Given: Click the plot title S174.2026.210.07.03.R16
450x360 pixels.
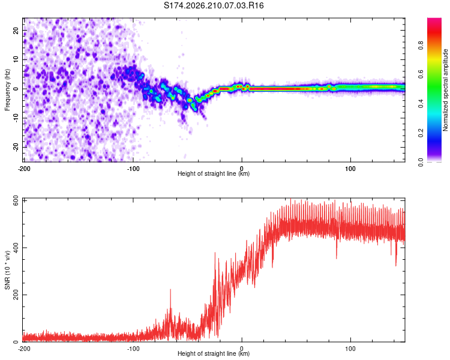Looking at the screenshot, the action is pos(214,5).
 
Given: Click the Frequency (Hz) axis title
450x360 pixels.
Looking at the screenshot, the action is pos(7,90).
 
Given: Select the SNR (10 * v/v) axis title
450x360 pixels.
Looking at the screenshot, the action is pos(7,270).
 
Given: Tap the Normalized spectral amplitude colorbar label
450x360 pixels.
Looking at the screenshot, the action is pos(445,90).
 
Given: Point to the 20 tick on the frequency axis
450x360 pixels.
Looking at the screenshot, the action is pos(16,30).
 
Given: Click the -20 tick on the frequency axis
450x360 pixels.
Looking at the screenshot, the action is pos(16,147).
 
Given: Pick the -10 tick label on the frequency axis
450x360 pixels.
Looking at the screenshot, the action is pos(16,118).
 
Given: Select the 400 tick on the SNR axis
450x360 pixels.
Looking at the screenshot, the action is pos(16,247).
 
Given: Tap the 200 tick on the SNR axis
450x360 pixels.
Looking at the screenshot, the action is pos(16,295).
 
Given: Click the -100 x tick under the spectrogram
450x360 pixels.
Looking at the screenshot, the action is pos(133,169).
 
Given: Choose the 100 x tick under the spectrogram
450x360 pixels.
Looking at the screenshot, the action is pos(350,169).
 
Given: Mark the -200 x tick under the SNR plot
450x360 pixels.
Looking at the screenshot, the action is pos(24,349).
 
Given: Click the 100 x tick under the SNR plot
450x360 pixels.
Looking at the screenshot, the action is pos(350,349).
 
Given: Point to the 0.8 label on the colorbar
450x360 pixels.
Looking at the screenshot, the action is pos(421,45).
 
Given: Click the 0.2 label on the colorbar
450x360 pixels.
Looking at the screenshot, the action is pos(421,133).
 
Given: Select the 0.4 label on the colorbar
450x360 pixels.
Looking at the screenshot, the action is pos(421,104).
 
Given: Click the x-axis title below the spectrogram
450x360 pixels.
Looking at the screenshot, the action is pos(214,173).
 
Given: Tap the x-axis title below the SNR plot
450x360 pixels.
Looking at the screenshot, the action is pos(214,353).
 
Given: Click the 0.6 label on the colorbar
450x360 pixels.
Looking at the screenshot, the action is pos(421,74).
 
